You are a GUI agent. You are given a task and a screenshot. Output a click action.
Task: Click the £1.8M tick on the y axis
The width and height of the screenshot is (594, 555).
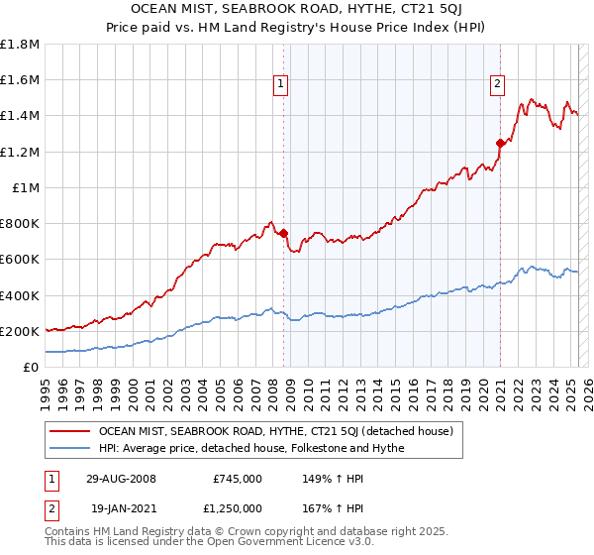click(20, 45)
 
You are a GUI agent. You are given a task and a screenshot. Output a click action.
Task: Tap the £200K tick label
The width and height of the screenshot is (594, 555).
click(20, 331)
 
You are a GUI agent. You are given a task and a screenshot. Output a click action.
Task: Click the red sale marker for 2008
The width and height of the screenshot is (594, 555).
click(284, 234)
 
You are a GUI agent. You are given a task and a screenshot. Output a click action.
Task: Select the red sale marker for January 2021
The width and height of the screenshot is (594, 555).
click(500, 144)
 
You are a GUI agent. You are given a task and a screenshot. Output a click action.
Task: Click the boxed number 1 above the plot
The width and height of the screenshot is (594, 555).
click(282, 84)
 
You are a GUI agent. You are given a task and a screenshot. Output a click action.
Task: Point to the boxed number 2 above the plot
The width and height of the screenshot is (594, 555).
click(497, 84)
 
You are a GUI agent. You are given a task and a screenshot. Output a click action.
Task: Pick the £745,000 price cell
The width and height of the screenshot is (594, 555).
click(238, 479)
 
